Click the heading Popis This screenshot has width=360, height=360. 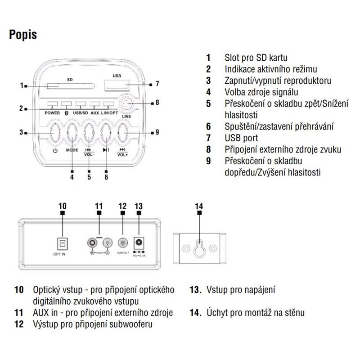(x=23, y=35)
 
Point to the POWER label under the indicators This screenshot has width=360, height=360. (x=53, y=112)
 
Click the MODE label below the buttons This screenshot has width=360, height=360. (x=72, y=150)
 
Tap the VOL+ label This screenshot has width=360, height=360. (x=122, y=154)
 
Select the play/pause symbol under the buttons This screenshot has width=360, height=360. (x=105, y=150)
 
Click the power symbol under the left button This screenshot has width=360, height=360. (x=55, y=150)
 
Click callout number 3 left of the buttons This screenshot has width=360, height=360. (x=21, y=133)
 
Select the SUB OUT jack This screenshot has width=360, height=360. (x=123, y=243)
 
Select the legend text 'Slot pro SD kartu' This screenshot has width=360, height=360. (x=256, y=58)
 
